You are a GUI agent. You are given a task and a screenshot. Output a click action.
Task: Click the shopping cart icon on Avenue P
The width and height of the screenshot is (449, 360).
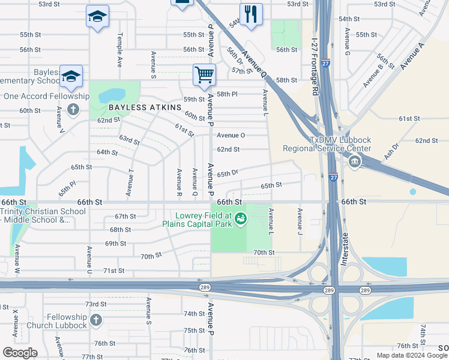(x=204, y=75)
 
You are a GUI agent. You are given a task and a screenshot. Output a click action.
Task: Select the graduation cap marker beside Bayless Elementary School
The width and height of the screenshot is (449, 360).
(x=71, y=76)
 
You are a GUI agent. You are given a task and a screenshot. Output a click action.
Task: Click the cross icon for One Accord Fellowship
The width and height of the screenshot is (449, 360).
(x=73, y=109)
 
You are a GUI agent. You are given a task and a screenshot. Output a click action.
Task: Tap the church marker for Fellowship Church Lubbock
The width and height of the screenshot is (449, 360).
(x=95, y=320)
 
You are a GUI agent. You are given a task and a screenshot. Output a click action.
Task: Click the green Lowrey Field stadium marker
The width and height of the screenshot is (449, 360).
(x=241, y=219)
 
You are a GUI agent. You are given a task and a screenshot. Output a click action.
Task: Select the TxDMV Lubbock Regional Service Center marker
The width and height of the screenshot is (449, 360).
(x=354, y=161)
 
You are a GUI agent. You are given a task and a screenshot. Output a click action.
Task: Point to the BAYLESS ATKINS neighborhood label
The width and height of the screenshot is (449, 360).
(x=145, y=107)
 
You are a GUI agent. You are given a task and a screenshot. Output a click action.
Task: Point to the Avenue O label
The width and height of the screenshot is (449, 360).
(x=231, y=135)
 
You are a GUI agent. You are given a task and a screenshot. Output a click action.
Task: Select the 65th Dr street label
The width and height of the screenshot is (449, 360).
(x=228, y=173)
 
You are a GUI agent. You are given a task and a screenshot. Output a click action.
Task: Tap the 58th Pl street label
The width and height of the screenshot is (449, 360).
(x=228, y=94)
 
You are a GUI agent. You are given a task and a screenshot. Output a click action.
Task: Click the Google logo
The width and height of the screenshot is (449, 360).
(x=20, y=353)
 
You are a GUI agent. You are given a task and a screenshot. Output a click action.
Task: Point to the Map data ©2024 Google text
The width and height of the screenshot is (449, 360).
(x=411, y=355)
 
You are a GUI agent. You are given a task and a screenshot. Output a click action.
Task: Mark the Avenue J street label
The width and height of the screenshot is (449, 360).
(x=300, y=221)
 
